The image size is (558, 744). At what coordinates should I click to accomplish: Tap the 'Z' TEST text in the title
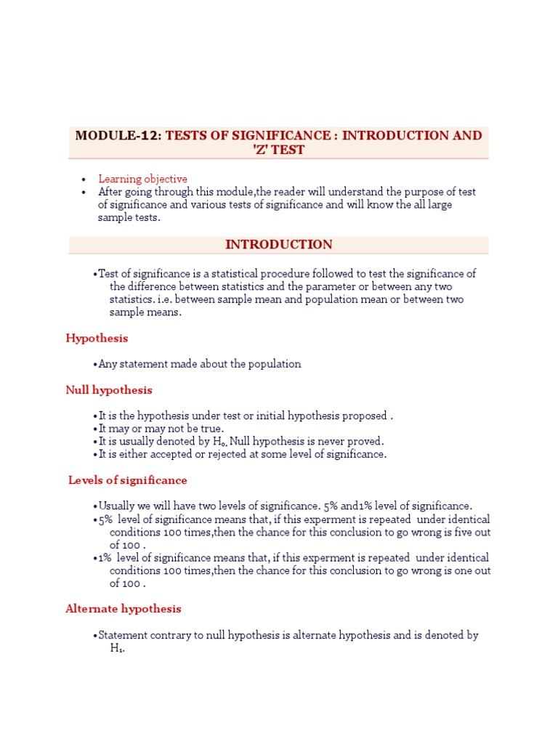tap(279, 150)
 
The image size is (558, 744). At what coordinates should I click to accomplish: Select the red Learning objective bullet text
tap(142, 179)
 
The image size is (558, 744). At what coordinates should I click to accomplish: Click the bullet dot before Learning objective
tap(84, 179)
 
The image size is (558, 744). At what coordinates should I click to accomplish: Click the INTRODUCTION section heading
tap(279, 245)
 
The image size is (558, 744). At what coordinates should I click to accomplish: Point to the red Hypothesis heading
tap(97, 338)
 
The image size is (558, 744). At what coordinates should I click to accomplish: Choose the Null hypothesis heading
tap(109, 390)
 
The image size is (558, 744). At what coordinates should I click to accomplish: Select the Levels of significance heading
tap(127, 480)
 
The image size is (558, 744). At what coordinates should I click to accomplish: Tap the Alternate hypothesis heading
tap(124, 609)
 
